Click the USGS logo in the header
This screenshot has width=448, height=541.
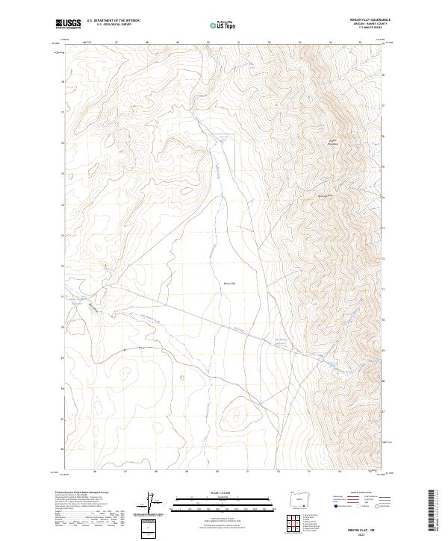click(x=68, y=24)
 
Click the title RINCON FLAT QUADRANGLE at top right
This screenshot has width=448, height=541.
click(x=369, y=20)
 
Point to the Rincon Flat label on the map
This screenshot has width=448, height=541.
click(x=229, y=283)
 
